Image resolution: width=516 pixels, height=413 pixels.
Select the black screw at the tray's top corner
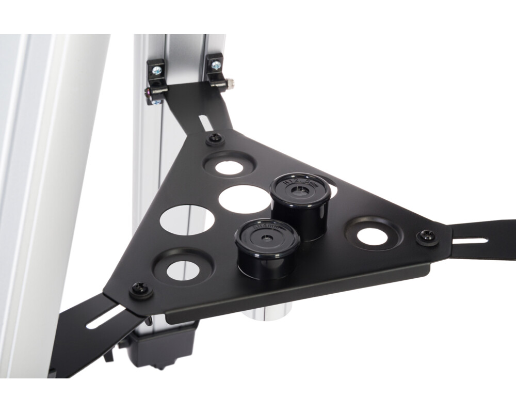click(215, 138)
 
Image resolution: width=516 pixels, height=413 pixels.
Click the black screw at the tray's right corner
click(427, 236)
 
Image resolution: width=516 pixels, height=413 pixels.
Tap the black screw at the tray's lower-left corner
click(140, 289)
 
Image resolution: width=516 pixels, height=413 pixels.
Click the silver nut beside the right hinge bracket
click(230, 82)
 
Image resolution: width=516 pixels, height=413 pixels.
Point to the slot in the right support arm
click(470, 240)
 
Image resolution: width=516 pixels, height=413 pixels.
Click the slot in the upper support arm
click(205, 123)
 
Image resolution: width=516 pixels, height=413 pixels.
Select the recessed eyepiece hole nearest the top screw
click(229, 167)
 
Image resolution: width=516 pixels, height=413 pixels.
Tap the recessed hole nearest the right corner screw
click(372, 236)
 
